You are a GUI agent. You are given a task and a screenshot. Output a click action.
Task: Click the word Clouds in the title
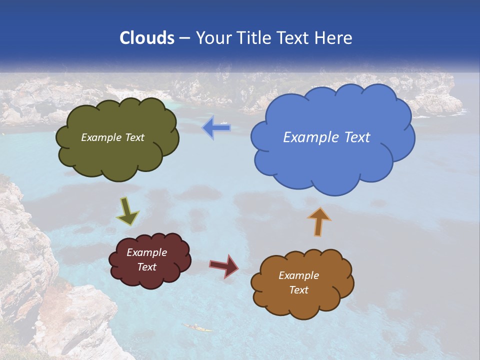146,38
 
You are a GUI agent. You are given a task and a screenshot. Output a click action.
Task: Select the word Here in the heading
332,38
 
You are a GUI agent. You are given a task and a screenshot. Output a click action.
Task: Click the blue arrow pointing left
216,128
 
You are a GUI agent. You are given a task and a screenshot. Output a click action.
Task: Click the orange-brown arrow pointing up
319,221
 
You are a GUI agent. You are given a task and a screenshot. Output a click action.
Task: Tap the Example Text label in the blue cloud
326,137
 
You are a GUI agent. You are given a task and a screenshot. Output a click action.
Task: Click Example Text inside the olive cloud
112,137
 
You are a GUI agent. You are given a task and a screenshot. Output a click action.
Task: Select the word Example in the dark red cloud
146,252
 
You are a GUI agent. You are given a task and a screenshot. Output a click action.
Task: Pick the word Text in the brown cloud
298,290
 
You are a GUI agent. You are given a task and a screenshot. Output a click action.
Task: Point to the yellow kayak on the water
197,327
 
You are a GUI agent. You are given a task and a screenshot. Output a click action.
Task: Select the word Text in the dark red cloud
146,267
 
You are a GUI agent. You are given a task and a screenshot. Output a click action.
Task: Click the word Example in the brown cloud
298,275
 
